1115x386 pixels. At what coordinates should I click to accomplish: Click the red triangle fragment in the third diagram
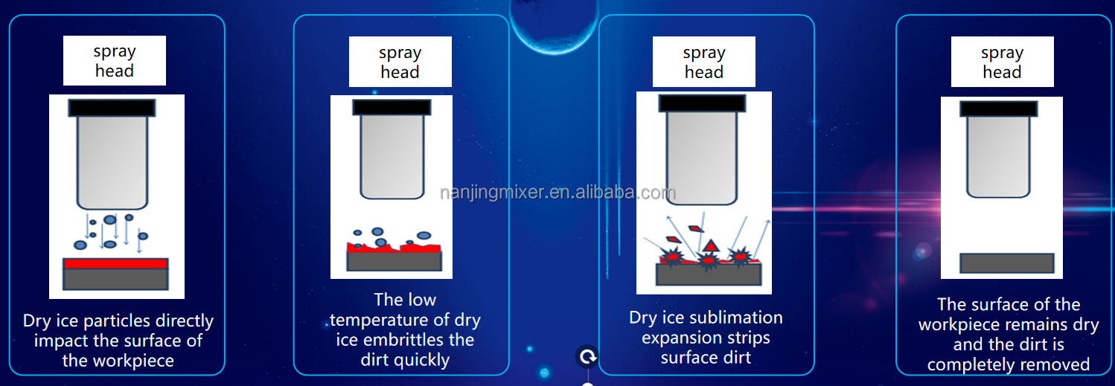710,246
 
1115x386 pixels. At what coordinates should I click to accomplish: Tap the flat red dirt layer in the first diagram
115,263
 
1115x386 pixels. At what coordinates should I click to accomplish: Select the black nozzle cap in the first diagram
112,108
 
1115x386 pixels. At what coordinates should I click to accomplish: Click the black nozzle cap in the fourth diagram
999,109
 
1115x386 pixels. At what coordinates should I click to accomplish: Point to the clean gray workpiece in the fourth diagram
1007,263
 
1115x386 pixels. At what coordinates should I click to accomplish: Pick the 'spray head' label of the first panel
115,61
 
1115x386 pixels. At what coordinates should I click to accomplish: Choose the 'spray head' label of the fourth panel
1002,62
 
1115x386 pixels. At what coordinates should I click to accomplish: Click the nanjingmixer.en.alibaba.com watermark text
557,193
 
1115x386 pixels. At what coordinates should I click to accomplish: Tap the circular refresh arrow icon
588,357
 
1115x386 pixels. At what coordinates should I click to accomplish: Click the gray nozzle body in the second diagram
392,156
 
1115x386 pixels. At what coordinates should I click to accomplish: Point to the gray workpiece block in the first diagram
115,279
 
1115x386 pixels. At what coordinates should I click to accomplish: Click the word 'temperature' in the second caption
389,320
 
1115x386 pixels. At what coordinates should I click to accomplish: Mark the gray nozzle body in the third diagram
702,158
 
